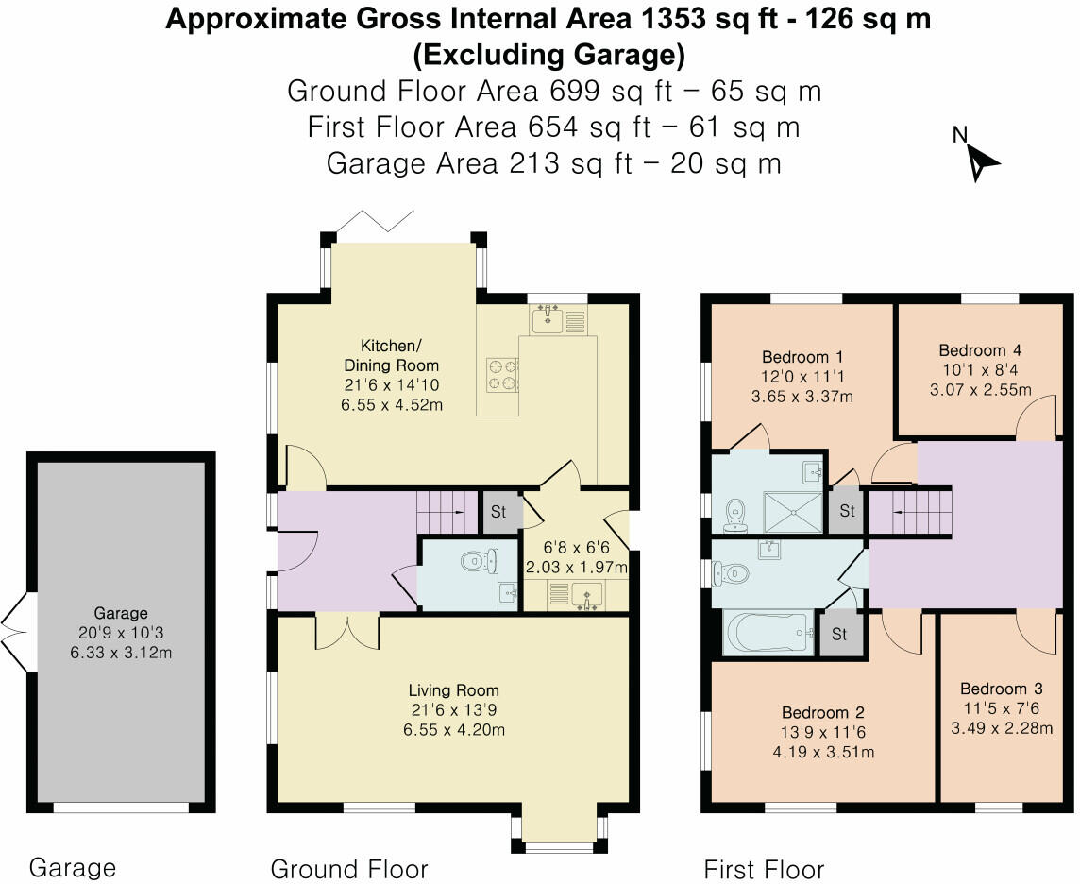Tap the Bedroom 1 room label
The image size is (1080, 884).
(802, 357)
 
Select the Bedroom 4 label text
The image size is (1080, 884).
(979, 350)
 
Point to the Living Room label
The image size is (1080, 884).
(453, 690)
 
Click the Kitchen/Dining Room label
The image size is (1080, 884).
(391, 355)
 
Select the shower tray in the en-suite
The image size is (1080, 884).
(793, 512)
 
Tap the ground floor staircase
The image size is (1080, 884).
(447, 511)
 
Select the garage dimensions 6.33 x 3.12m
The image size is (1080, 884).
(121, 652)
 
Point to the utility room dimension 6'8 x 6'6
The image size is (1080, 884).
(577, 548)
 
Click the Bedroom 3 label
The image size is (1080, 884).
(1002, 688)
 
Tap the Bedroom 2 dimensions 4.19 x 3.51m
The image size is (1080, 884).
(823, 752)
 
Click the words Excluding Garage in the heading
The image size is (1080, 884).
(548, 55)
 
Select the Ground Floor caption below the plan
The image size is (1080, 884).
(349, 869)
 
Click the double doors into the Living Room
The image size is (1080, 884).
(347, 633)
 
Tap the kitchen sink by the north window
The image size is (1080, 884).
(548, 319)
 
